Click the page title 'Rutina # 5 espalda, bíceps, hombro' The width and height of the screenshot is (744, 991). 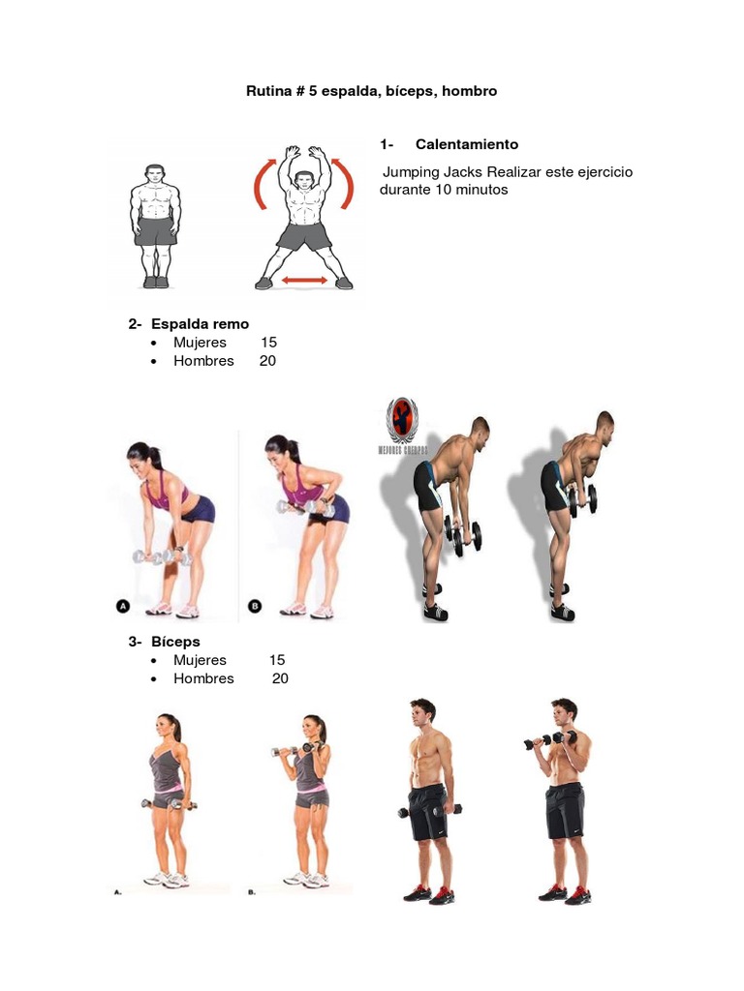click(371, 91)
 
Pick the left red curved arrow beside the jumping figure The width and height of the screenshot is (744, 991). click(260, 185)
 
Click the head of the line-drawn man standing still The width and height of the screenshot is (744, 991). click(155, 175)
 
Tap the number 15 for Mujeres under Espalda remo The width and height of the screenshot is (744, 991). click(268, 343)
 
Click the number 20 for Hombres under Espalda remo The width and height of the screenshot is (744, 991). click(267, 361)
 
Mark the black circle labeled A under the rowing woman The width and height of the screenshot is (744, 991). click(123, 606)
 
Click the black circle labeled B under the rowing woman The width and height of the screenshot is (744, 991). click(255, 606)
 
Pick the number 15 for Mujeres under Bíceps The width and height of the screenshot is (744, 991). click(277, 660)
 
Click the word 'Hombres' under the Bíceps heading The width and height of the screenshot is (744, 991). click(203, 678)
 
